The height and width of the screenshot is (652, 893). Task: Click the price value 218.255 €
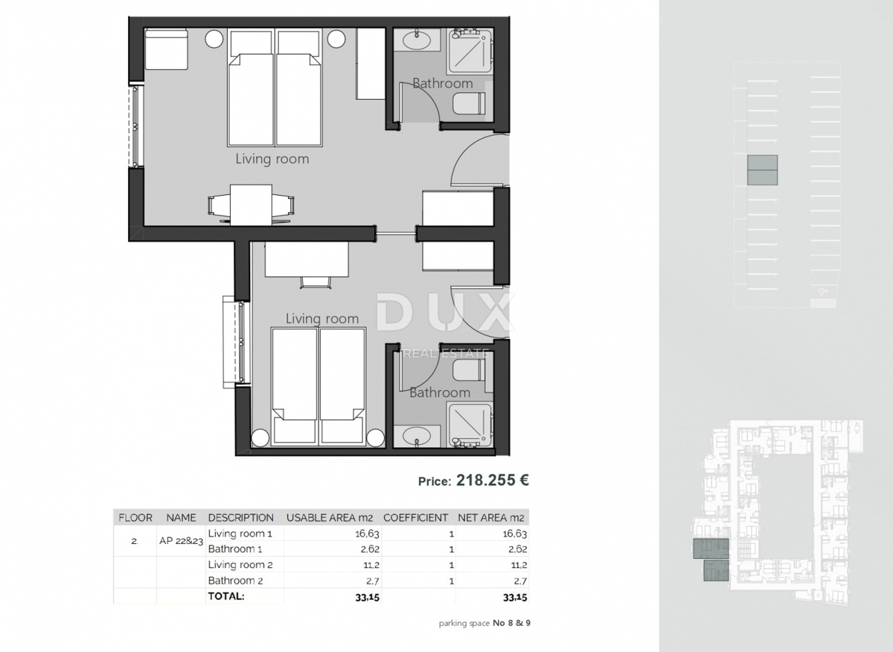point(492,481)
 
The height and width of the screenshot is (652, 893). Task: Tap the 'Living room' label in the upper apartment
point(272,159)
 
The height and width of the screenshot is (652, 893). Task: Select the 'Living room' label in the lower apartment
point(322,319)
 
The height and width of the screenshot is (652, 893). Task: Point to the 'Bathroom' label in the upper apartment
point(442,83)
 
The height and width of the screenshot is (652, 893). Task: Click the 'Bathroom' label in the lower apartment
point(439,392)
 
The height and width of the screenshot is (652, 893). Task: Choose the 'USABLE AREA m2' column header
point(330,517)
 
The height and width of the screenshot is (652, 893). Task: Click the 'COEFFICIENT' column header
point(415,517)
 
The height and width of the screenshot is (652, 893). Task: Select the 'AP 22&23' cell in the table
point(181,541)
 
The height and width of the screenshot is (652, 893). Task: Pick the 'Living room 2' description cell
point(240,565)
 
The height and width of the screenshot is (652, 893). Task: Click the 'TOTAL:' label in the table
point(226,596)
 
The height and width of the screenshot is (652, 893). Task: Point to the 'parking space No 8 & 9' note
point(484,623)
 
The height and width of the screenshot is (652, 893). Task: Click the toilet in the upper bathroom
point(470,103)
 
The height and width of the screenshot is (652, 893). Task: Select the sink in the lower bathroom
point(412,436)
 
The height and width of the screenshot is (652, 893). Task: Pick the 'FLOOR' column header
point(135,517)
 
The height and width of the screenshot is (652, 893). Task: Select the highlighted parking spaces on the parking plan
point(762,170)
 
